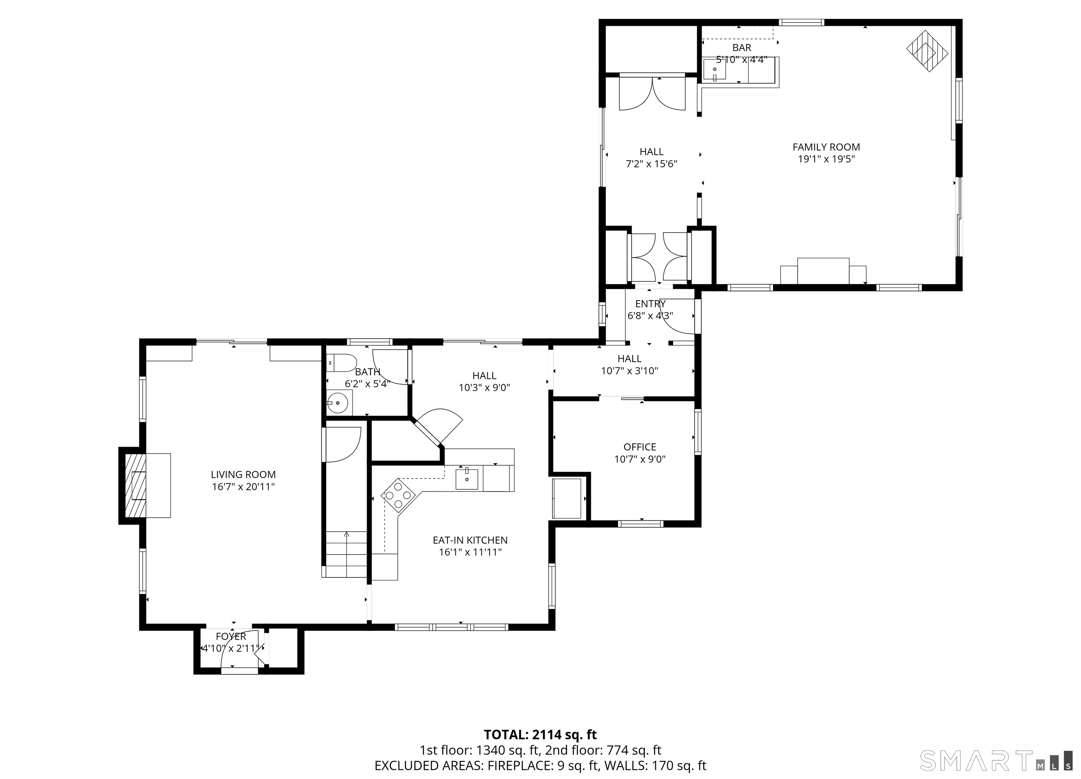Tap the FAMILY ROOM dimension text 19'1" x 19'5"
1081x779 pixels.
[x=826, y=159]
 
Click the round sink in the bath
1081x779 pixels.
[x=339, y=403]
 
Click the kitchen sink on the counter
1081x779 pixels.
[x=467, y=479]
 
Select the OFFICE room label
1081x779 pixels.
[x=640, y=447]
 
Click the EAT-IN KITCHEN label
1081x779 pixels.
[x=470, y=540]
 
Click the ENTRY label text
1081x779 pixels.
[x=650, y=304]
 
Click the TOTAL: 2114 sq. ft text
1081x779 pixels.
[x=540, y=735]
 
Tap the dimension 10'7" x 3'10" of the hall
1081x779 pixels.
[x=629, y=371]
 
